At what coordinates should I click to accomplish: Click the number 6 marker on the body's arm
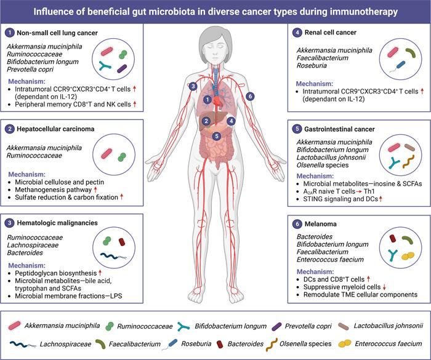(249, 96)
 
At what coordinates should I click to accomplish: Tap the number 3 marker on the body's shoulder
(193, 86)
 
